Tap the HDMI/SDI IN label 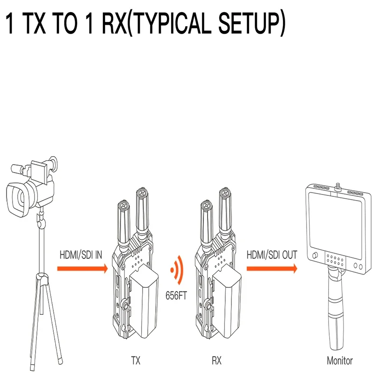coord(81,255)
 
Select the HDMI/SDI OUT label coord(272,255)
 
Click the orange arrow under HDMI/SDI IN coord(82,269)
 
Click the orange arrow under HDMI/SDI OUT coord(272,269)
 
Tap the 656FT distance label coord(176,296)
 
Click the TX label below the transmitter coord(136,361)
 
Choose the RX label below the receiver coord(217,361)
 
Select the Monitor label coord(340,361)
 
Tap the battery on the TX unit coord(144,301)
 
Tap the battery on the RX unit coord(227,301)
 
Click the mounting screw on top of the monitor coord(338,187)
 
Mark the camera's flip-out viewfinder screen coord(39,172)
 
